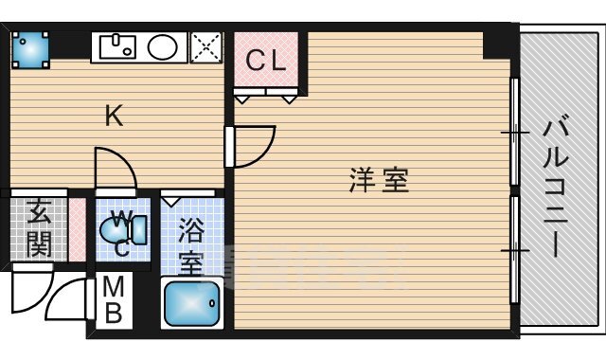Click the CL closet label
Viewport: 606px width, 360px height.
[x=266, y=61]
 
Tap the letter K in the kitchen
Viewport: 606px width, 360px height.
[x=114, y=117]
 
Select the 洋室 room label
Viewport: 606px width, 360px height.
[x=379, y=180]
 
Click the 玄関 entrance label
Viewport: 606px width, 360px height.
[x=39, y=228]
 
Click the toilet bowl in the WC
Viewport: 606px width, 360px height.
[x=134, y=228]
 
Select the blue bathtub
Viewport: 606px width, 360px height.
[x=193, y=304]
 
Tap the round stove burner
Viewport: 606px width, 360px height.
[x=163, y=45]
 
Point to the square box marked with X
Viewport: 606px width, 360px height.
[x=205, y=45]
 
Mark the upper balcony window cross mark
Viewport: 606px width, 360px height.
[x=514, y=133]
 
